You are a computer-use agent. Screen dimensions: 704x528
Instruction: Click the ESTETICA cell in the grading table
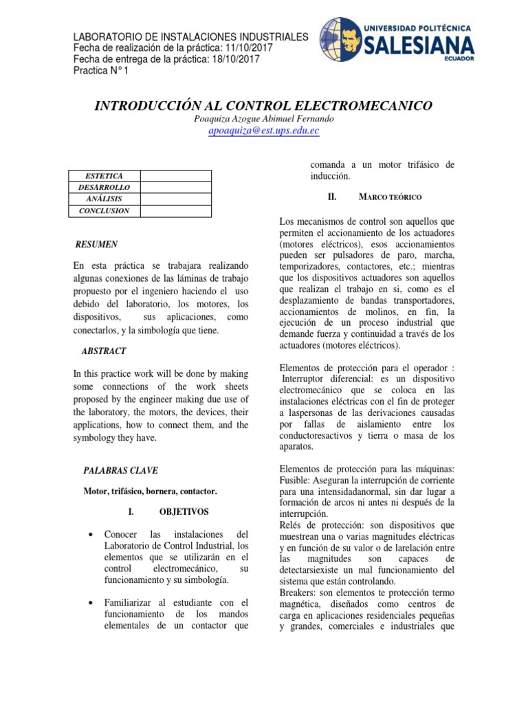click(x=104, y=176)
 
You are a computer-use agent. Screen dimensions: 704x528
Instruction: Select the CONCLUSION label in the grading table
click(x=104, y=210)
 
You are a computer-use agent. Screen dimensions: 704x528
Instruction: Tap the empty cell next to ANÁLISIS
click(x=175, y=199)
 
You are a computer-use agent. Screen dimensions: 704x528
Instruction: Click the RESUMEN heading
click(x=96, y=244)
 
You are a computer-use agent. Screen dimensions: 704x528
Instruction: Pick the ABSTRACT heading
click(x=104, y=351)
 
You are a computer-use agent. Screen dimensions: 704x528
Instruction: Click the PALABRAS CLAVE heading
click(x=120, y=471)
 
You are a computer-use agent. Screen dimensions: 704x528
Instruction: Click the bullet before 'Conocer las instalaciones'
click(x=91, y=535)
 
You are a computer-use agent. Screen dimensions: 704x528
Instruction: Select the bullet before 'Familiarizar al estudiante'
click(x=91, y=603)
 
